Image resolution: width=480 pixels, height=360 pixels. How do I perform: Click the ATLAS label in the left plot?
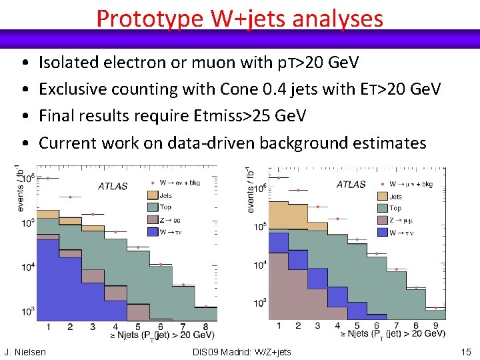point(113,186)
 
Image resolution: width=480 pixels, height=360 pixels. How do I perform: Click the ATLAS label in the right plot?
point(351,184)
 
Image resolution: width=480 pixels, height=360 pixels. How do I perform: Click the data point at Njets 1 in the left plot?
point(48,178)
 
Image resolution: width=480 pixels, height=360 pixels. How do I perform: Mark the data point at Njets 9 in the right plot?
point(435,308)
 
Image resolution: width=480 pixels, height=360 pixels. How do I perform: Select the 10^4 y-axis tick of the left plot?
point(27,267)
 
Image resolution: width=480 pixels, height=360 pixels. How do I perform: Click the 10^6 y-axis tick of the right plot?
point(261,187)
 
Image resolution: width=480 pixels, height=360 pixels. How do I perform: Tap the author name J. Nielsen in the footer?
point(25,352)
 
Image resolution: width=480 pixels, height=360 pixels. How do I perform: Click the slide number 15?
point(465,352)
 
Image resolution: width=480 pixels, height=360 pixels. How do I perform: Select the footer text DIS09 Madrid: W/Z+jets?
point(241,352)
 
